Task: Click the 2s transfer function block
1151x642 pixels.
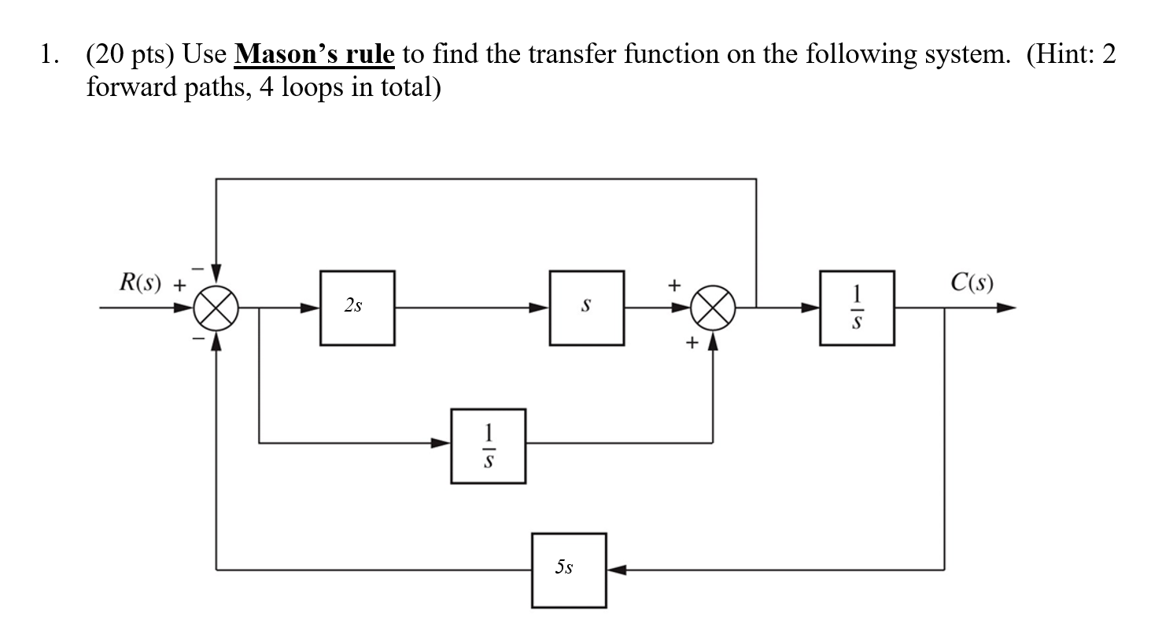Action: point(356,308)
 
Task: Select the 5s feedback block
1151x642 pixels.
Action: point(568,570)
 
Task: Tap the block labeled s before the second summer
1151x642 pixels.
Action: point(586,308)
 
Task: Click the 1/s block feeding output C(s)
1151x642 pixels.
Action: point(856,308)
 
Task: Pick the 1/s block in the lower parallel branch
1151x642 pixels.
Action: point(488,445)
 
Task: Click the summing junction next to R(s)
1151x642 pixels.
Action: point(216,308)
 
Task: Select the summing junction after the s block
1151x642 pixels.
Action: point(713,308)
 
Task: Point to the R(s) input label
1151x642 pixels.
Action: point(139,282)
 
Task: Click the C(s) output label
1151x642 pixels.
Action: point(971,282)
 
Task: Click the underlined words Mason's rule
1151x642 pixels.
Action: point(314,54)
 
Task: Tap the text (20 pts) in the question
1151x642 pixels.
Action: point(130,54)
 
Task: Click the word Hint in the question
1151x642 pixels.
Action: point(1060,54)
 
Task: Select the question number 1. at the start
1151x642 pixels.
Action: point(50,54)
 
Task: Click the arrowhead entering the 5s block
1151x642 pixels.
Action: point(616,570)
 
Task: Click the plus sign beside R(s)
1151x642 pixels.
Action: point(179,286)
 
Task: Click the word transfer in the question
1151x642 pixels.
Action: point(572,54)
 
